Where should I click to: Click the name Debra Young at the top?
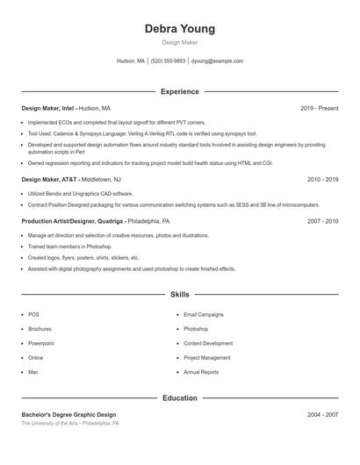coord(179,29)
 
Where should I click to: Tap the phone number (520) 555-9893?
coord(168,61)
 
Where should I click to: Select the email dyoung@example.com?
coord(217,61)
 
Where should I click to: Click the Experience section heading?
coord(179,91)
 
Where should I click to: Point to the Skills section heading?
coord(179,295)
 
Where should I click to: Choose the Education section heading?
coord(179,397)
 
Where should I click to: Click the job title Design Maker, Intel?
coord(49,108)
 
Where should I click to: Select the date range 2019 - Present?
coord(319,108)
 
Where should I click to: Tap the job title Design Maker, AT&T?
coord(49,179)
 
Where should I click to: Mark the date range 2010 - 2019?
coord(322,179)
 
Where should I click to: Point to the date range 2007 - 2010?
coord(322,222)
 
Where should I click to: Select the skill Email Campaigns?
coord(204,314)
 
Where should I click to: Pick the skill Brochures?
coord(40,329)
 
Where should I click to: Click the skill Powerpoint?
coord(41,343)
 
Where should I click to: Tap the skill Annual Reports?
coord(201,372)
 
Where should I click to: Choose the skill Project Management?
coord(207,358)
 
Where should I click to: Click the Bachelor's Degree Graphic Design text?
coord(68,414)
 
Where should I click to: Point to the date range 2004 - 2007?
coord(322,414)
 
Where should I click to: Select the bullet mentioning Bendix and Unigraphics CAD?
coord(81,193)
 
